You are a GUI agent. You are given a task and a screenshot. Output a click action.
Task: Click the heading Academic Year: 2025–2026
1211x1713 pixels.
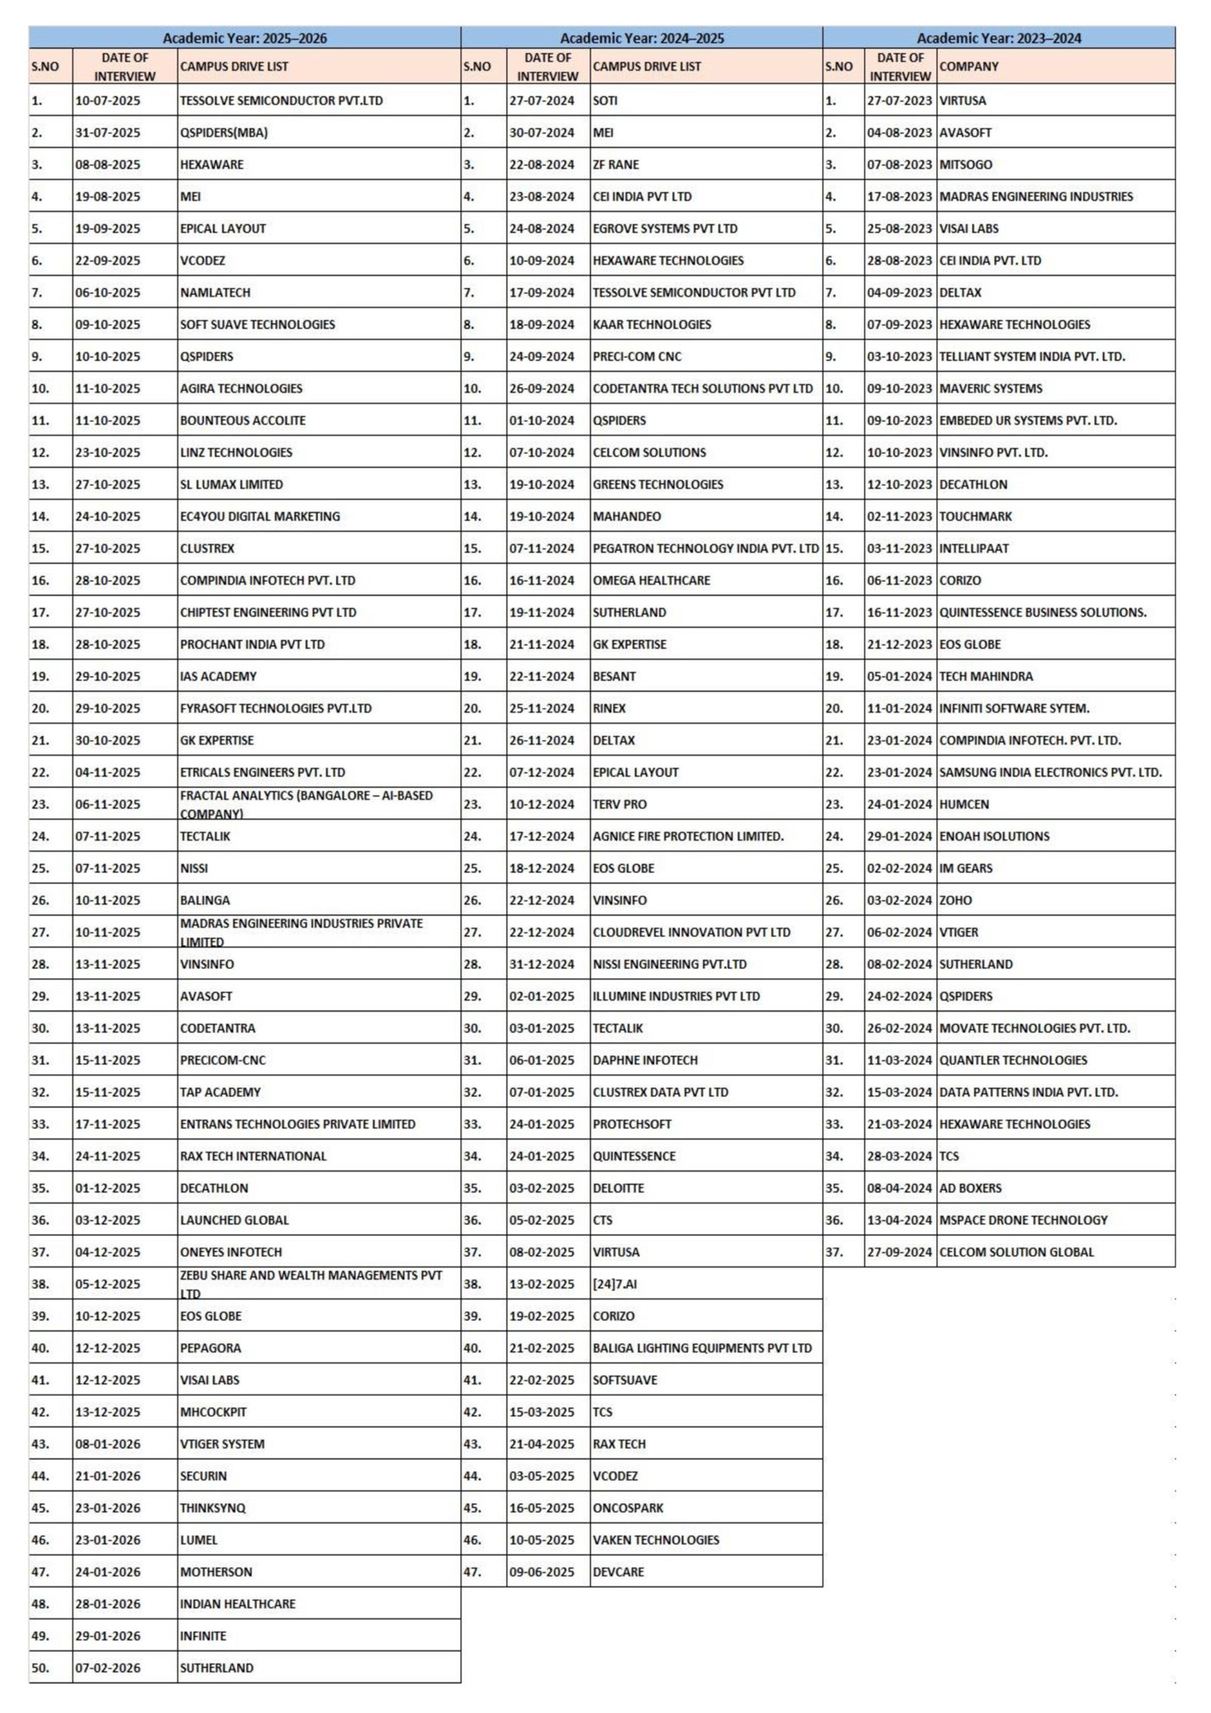pyautogui.click(x=244, y=38)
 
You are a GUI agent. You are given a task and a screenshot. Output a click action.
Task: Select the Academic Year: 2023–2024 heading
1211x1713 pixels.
pyautogui.click(x=998, y=38)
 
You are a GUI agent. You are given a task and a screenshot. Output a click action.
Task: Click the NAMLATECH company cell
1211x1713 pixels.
pyautogui.click(x=215, y=292)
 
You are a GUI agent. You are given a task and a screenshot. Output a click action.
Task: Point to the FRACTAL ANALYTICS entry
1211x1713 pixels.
pyautogui.click(x=306, y=804)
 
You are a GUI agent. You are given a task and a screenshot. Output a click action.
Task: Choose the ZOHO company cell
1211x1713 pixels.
pyautogui.click(x=955, y=900)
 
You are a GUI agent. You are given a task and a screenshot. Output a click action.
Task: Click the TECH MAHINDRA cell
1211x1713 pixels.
pyautogui.click(x=985, y=676)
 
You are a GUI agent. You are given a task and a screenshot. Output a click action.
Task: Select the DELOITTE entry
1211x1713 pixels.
pyautogui.click(x=618, y=1188)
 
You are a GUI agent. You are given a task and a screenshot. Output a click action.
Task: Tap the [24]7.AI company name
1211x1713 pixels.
pyautogui.click(x=614, y=1284)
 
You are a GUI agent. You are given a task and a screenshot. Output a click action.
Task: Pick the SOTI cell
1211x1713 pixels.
pyautogui.click(x=605, y=101)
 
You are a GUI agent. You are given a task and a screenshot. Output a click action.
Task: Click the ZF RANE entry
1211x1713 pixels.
pyautogui.click(x=615, y=164)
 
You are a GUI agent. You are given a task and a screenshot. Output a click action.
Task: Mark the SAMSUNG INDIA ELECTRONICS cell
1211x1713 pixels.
pyautogui.click(x=1050, y=772)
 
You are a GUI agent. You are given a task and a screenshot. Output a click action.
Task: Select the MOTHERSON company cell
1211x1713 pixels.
pyautogui.click(x=216, y=1571)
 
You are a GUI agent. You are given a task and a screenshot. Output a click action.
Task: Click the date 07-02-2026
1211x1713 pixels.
pyautogui.click(x=107, y=1668)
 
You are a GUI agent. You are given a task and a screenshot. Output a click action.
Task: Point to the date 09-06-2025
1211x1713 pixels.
pyautogui.click(x=541, y=1571)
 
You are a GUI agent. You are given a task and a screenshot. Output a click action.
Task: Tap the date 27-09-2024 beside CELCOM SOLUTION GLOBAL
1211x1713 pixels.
pyautogui.click(x=899, y=1252)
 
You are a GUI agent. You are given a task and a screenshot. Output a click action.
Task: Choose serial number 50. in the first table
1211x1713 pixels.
pyautogui.click(x=41, y=1668)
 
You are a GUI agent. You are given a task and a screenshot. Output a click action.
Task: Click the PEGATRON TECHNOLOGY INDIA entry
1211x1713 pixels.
pyautogui.click(x=705, y=548)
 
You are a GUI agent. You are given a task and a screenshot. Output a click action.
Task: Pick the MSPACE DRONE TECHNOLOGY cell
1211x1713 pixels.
pyautogui.click(x=1023, y=1219)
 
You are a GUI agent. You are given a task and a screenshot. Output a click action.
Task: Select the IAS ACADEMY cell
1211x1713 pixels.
pyautogui.click(x=218, y=676)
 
